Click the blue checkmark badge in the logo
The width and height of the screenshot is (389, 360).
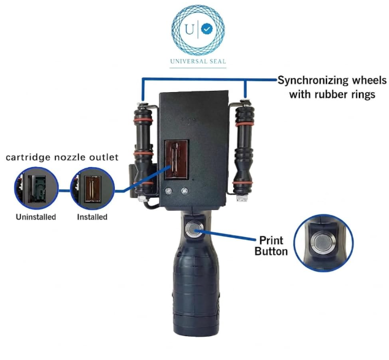pyautogui.click(x=207, y=29)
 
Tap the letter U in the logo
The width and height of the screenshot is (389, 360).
pyautogui.click(x=190, y=29)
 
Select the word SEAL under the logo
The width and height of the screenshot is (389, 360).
pyautogui.click(x=217, y=61)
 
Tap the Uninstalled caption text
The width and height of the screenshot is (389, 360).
pyautogui.click(x=36, y=217)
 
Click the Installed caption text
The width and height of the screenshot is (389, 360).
pyautogui.click(x=92, y=217)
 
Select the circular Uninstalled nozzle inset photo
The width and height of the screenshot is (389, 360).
pyautogui.click(x=36, y=189)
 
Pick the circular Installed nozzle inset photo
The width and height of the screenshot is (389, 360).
pyautogui.click(x=92, y=189)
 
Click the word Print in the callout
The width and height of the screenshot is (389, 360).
pyautogui.click(x=271, y=240)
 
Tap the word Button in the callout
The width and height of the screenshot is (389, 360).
pyautogui.click(x=271, y=251)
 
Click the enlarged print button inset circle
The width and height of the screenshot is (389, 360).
pyautogui.click(x=323, y=243)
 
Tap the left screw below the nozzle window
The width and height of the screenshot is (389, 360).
pyautogui.click(x=168, y=191)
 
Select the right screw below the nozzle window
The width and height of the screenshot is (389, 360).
pyautogui.click(x=184, y=191)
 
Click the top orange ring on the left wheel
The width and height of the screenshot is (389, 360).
pyautogui.click(x=143, y=120)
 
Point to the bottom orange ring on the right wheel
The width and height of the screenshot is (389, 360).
pyautogui.click(x=242, y=183)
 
